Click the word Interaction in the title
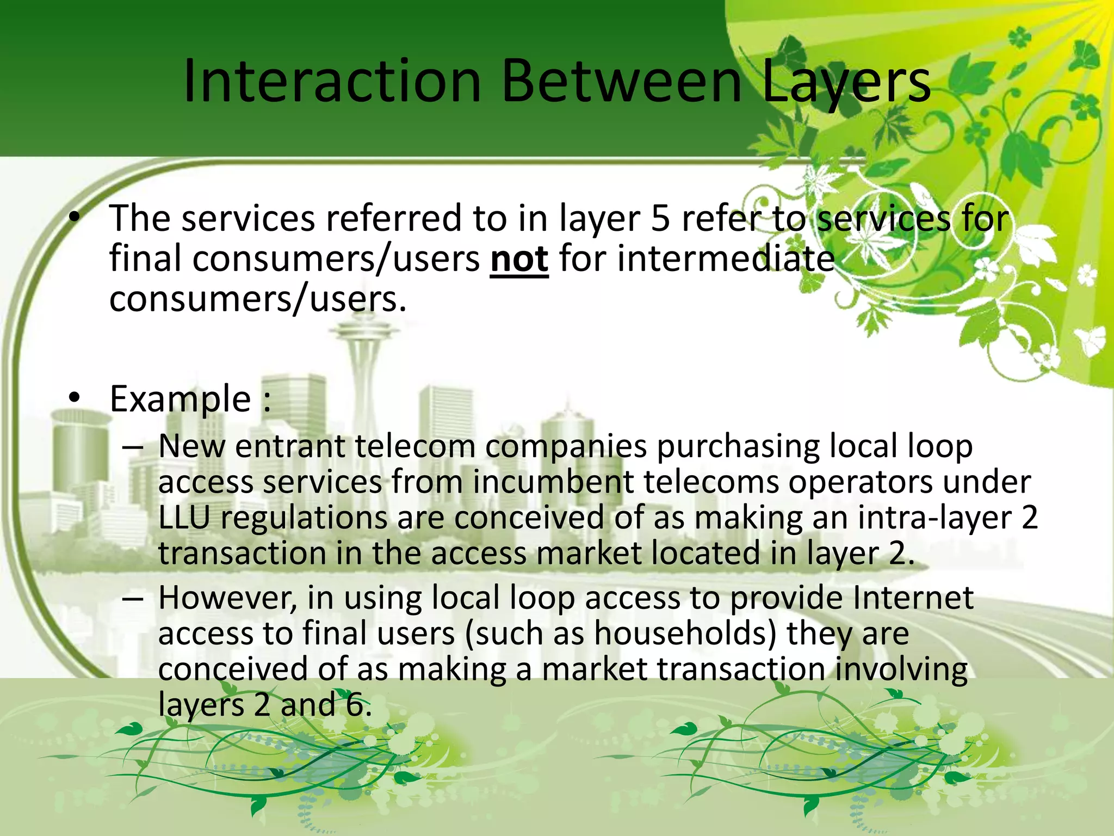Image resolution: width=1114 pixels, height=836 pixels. (332, 82)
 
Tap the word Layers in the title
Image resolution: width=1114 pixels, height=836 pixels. (846, 82)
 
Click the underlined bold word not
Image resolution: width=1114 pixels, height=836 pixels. (519, 259)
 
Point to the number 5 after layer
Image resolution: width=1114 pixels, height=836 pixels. (660, 219)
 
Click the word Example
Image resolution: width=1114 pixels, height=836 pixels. (180, 399)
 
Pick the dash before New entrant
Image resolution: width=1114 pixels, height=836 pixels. (133, 447)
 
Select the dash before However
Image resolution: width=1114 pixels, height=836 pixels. (133, 599)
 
